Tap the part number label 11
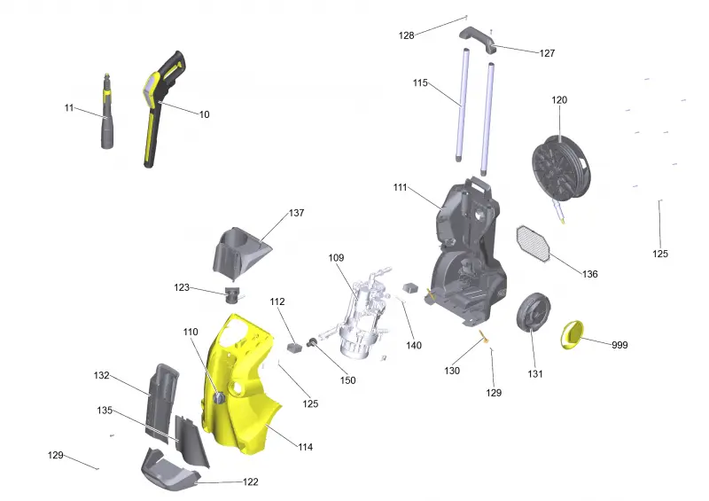[69, 107]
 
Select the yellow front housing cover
[239, 385]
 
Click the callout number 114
[305, 447]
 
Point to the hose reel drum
[561, 168]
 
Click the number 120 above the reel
[559, 100]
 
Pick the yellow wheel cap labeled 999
[573, 334]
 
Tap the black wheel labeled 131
[534, 311]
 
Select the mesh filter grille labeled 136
[534, 244]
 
